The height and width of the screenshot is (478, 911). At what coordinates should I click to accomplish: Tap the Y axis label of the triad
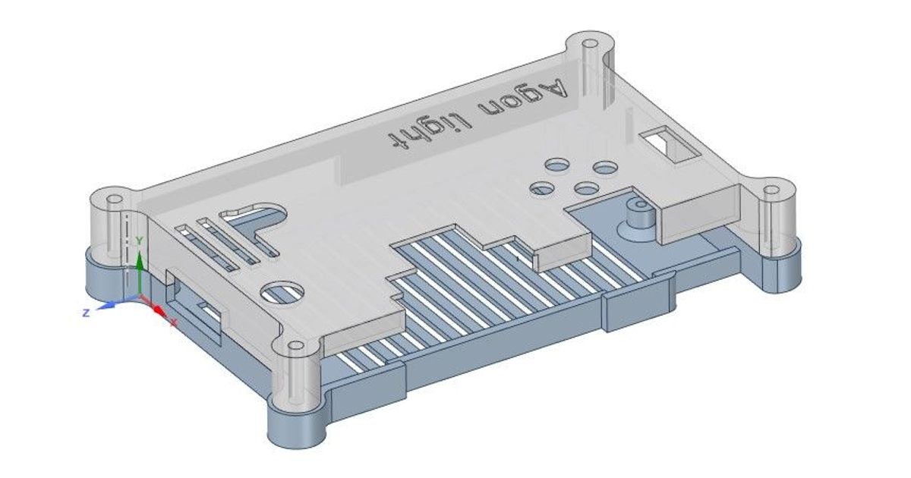[139, 241]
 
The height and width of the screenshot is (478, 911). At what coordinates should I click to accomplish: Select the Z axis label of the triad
[87, 312]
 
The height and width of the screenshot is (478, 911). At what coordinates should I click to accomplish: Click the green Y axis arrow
[139, 262]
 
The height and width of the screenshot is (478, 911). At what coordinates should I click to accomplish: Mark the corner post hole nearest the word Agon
[592, 40]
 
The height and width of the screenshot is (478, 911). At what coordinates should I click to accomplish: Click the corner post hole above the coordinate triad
[112, 199]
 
